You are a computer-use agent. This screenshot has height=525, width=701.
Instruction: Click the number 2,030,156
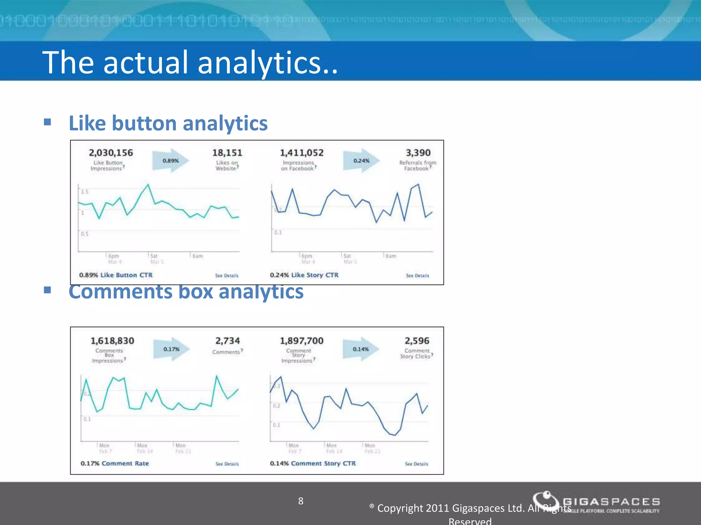pos(111,153)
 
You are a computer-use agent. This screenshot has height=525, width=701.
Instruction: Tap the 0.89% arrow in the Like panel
pos(170,161)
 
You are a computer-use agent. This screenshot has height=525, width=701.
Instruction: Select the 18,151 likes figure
pos(227,153)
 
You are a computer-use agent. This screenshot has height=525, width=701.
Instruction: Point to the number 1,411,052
pos(302,153)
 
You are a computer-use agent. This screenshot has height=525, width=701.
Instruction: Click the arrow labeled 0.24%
pos(361,161)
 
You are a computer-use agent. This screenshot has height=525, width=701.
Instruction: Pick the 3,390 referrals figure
pos(418,153)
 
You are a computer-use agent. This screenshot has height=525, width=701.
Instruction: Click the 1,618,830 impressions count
pos(112,341)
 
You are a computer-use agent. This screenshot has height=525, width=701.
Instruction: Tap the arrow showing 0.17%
pos(171,349)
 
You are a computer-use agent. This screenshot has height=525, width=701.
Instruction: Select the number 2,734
pos(227,341)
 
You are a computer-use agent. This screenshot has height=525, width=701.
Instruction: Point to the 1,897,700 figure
pos(302,341)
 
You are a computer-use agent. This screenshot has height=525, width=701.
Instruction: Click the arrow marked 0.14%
pos(361,349)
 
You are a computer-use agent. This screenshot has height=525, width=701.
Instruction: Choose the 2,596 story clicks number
pos(417,341)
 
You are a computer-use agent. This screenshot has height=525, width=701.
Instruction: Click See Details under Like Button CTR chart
pos(227,275)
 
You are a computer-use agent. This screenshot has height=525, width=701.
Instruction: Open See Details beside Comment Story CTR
pos(416,464)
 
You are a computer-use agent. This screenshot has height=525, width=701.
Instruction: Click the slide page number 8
pos(301,501)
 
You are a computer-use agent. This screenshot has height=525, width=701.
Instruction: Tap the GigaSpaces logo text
pos(611,502)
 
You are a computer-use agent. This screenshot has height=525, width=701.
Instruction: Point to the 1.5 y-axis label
pos(85,192)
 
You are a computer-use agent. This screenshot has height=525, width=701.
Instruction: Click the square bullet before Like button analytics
pos(48,122)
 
